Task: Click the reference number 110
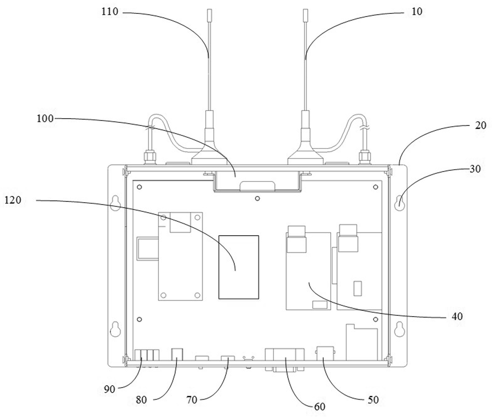(110, 12)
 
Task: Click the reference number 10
(417, 12)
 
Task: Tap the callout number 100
(45, 118)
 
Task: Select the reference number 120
(13, 200)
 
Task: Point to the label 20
(481, 125)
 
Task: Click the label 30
(475, 169)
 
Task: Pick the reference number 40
(457, 316)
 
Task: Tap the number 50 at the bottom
(373, 400)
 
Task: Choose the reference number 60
(319, 407)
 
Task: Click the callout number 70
(192, 400)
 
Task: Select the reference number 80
(141, 400)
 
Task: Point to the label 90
(109, 389)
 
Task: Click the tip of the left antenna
(210, 10)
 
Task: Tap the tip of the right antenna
(306, 10)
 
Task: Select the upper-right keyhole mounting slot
(399, 203)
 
